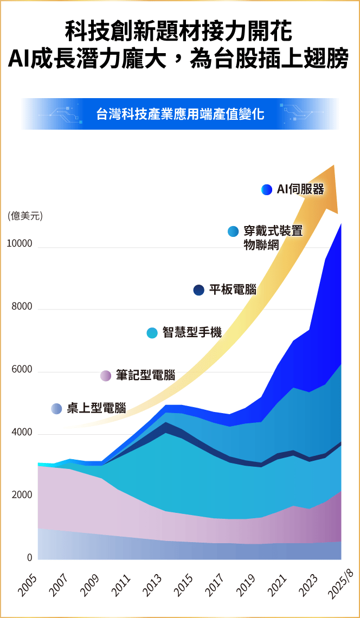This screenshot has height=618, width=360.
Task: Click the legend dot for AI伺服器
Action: click(x=266, y=189)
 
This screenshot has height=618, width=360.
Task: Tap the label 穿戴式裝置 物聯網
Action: click(x=273, y=237)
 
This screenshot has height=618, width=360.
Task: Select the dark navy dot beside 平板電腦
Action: click(x=199, y=290)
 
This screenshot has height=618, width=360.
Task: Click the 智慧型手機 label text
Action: click(x=192, y=332)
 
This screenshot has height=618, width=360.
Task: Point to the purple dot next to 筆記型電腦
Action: click(x=106, y=376)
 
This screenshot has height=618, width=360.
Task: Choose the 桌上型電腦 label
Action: click(x=96, y=408)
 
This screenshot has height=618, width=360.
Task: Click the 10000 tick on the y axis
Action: click(x=20, y=244)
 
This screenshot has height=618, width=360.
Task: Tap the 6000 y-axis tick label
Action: click(x=22, y=370)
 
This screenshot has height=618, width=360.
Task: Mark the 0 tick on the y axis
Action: click(x=29, y=557)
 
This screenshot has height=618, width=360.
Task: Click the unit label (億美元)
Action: click(x=25, y=216)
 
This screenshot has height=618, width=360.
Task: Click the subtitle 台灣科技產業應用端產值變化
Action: click(x=180, y=114)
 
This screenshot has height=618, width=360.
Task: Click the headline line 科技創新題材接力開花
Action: click(x=179, y=32)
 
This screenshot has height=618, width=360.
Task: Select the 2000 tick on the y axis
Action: click(x=22, y=495)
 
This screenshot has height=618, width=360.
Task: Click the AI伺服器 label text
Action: click(x=300, y=189)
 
